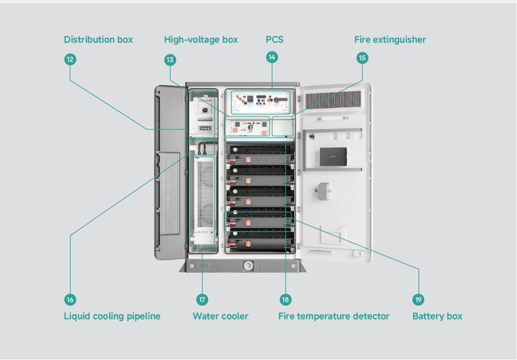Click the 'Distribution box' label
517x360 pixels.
tap(98, 40)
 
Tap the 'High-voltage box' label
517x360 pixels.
tap(201, 40)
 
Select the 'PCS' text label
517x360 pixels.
tap(275, 40)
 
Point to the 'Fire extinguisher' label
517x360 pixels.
tap(390, 40)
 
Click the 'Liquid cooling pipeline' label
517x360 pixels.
tap(112, 317)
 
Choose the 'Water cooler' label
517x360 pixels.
tap(220, 317)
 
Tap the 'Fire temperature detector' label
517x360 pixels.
tap(333, 317)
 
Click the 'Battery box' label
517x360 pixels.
tap(437, 317)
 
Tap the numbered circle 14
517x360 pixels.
tap(272, 58)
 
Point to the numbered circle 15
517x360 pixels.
tap(362, 58)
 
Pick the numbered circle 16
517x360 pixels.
tap(70, 300)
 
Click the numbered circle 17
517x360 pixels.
tap(202, 300)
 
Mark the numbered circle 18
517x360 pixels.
tap(286, 300)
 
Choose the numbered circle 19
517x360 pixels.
tap(419, 300)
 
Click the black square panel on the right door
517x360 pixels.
tap(333, 157)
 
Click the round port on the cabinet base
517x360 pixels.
tap(248, 265)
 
